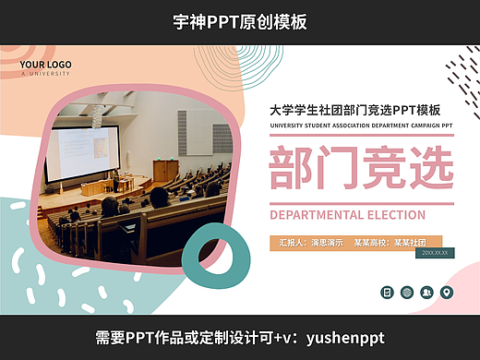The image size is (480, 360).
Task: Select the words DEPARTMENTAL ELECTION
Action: click(347, 215)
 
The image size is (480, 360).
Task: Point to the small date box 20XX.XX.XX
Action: click(434, 252)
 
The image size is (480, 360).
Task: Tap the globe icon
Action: click(407, 292)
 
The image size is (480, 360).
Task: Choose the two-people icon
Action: click(426, 292)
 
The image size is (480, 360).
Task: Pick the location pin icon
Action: click(447, 292)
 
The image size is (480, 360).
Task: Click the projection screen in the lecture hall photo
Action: click(83, 152)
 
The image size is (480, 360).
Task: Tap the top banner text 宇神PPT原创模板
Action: click(240, 21)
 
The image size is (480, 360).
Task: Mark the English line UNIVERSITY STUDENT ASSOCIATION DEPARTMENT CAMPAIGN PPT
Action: click(360, 126)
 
